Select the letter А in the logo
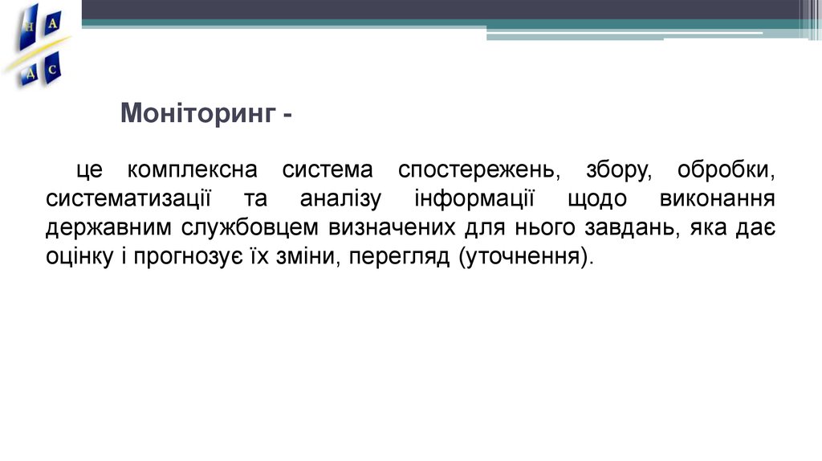pyautogui.click(x=53, y=24)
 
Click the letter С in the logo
pyautogui.click(x=52, y=70)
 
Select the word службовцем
pyautogui.click(x=250, y=229)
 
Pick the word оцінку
pyautogui.click(x=78, y=258)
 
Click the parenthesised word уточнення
pyautogui.click(x=526, y=258)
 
